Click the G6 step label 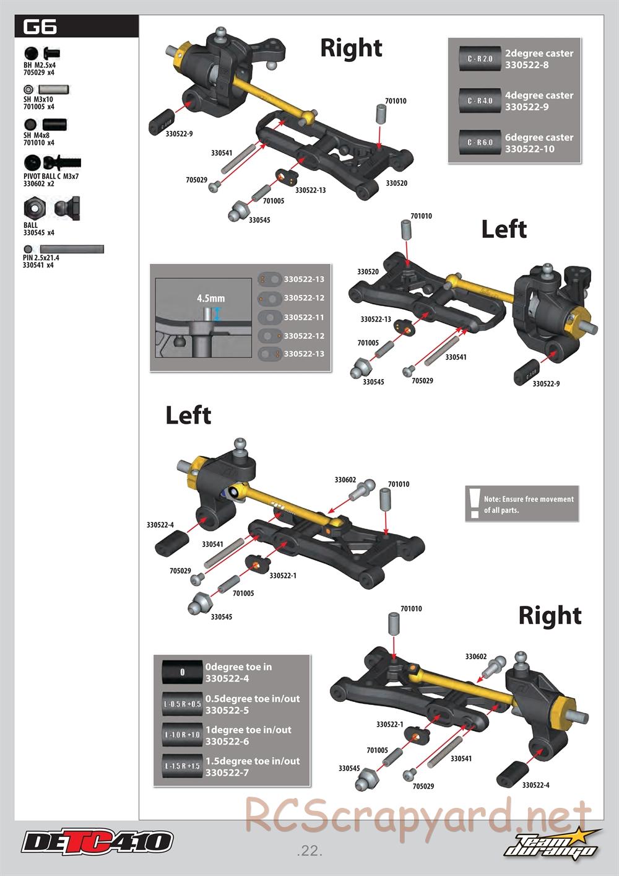pyautogui.click(x=40, y=27)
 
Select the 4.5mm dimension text pyautogui.click(x=210, y=299)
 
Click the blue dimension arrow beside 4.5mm pyautogui.click(x=217, y=314)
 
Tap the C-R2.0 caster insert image pyautogui.click(x=480, y=59)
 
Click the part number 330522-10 pyautogui.click(x=529, y=149)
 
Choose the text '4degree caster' pyautogui.click(x=539, y=95)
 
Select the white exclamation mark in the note pyautogui.click(x=474, y=503)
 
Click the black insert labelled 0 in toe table pyautogui.click(x=182, y=672)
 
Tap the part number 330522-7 pyautogui.click(x=227, y=773)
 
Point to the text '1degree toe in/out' pyautogui.click(x=249, y=730)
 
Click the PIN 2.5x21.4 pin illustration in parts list pyautogui.click(x=72, y=249)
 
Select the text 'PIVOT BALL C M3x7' pyautogui.click(x=51, y=177)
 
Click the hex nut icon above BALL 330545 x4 pyautogui.click(x=35, y=208)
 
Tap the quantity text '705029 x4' pyautogui.click(x=38, y=72)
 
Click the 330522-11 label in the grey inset pyautogui.click(x=304, y=318)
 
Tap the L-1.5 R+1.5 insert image pyautogui.click(x=182, y=766)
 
